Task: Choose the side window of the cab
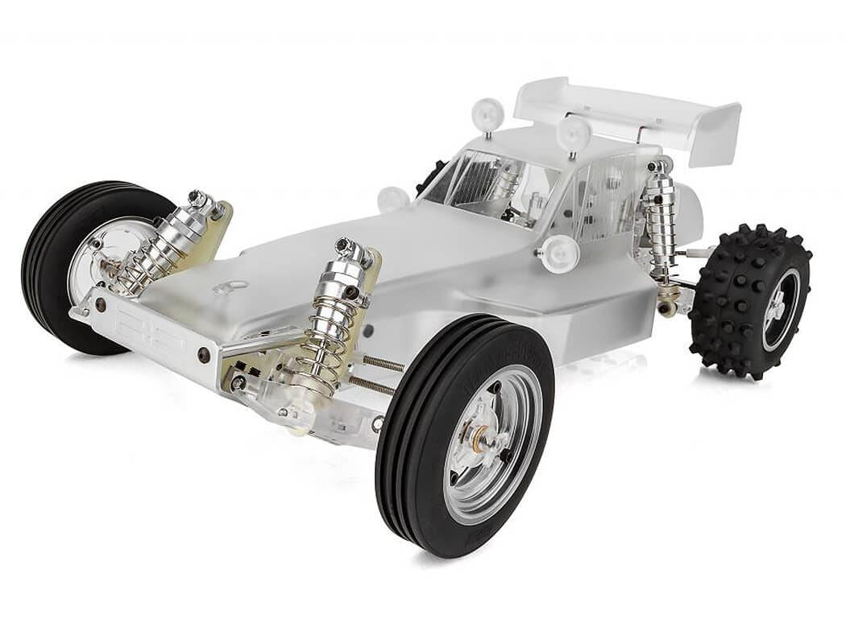[x=600, y=193]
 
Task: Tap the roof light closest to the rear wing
[x=574, y=133]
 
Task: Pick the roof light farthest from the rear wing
[x=488, y=113]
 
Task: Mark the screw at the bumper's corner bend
[x=205, y=354]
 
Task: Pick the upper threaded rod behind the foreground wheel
[x=383, y=363]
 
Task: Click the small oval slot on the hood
[x=233, y=285]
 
